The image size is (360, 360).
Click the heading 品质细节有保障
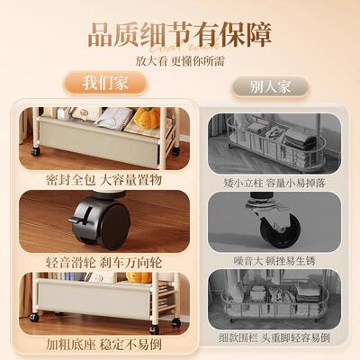point(180,35)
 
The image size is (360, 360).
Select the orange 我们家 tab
point(107,84)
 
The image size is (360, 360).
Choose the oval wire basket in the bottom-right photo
point(274,301)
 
